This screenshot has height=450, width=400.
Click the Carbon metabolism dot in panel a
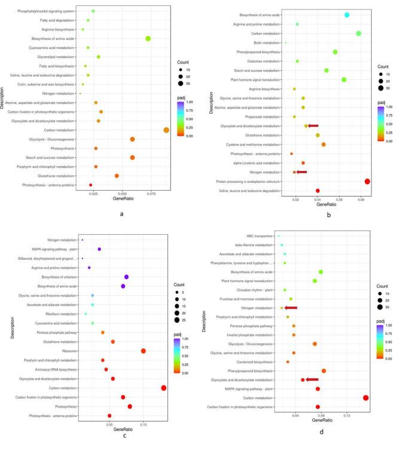pyautogui.click(x=166, y=130)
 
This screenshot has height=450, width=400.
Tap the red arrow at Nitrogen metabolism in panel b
pyautogui.click(x=301, y=172)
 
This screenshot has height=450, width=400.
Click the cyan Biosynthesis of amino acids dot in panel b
pyautogui.click(x=347, y=15)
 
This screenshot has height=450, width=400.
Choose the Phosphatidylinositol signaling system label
pyautogui.click(x=47, y=11)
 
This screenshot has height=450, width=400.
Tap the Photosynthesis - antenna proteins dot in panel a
pyautogui.click(x=91, y=185)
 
